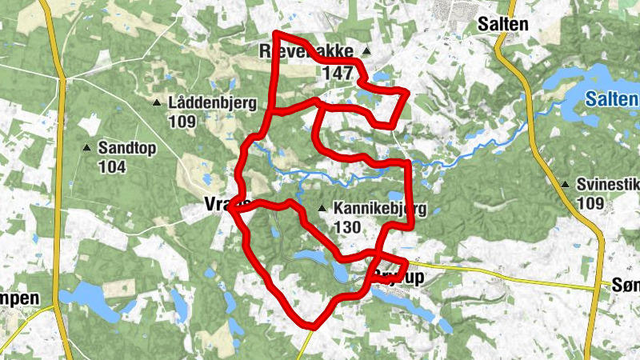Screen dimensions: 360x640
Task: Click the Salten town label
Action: pos(502,25)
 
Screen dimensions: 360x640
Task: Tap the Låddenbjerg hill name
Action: pos(212,103)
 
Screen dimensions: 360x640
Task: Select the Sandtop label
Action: pos(126,148)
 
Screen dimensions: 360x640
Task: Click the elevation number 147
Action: pos(338,73)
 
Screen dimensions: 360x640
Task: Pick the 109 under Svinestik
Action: pos(590,203)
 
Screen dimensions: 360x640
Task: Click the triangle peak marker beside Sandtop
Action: pos(86,148)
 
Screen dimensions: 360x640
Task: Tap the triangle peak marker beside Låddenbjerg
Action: pos(158,102)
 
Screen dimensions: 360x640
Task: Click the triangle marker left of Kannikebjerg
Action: pos(322,210)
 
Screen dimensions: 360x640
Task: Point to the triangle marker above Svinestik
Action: pos(566,185)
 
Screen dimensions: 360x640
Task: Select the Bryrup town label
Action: pos(404,277)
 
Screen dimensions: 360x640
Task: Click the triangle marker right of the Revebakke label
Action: pos(366,50)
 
